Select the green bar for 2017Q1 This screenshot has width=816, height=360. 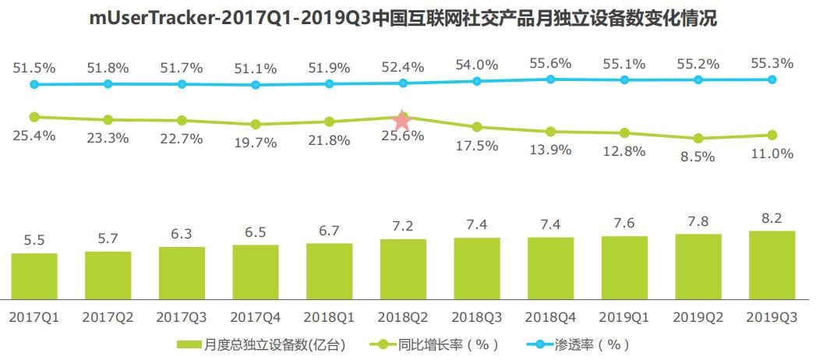34,276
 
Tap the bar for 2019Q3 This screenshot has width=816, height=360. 772,265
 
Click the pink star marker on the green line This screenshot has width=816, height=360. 402,120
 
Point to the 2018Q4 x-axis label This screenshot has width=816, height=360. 550,318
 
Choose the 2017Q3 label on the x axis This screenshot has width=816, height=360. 182,318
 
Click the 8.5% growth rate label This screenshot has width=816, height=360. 698,157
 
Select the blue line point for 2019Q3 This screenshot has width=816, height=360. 772,79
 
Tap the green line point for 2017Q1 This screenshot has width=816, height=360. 34,117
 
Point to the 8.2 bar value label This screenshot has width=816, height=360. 772,217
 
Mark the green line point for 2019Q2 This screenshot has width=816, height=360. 698,139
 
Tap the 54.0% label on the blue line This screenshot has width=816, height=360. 477,65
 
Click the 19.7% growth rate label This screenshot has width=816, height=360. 256,142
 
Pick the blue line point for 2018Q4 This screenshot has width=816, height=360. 550,79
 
